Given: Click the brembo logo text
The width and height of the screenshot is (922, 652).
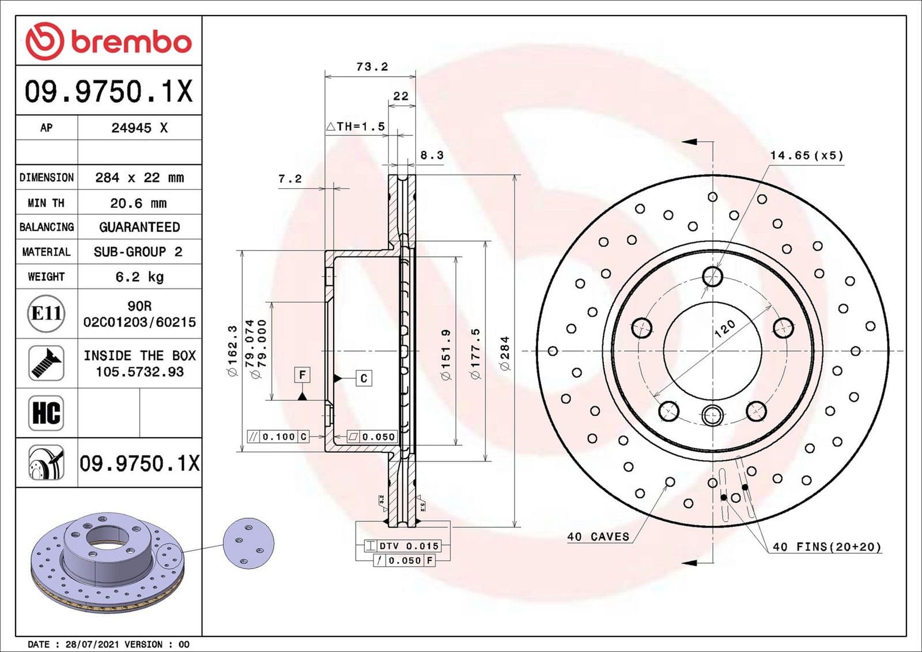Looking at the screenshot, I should pos(131,42).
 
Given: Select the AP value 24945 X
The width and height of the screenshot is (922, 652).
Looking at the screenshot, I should pos(139,128).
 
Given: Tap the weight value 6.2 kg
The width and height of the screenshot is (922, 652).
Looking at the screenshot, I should pos(139,276).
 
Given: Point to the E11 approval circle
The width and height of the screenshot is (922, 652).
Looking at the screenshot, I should pos(46,313).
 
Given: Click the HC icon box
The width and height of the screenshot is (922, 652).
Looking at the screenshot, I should pos(46,413).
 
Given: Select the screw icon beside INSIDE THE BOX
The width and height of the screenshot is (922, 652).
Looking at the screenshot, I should pos(46,363).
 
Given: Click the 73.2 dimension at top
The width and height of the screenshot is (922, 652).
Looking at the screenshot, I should pos(372,67).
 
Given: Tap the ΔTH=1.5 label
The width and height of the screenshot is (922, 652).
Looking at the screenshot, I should pos(356,126).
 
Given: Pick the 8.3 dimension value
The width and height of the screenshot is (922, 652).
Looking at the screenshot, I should pos(432,155).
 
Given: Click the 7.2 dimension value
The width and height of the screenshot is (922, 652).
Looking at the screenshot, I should pos(290,179).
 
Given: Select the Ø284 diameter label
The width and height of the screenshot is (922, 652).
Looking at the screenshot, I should pos(505,352).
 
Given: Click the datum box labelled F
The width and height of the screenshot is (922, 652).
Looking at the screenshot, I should pos(303,375).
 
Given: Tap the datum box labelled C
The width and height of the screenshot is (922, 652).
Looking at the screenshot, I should pos(364,378).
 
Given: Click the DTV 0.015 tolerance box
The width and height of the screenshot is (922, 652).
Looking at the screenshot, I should pos(403,545).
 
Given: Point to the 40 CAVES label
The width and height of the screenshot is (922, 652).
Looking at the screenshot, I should pos(598,536).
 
